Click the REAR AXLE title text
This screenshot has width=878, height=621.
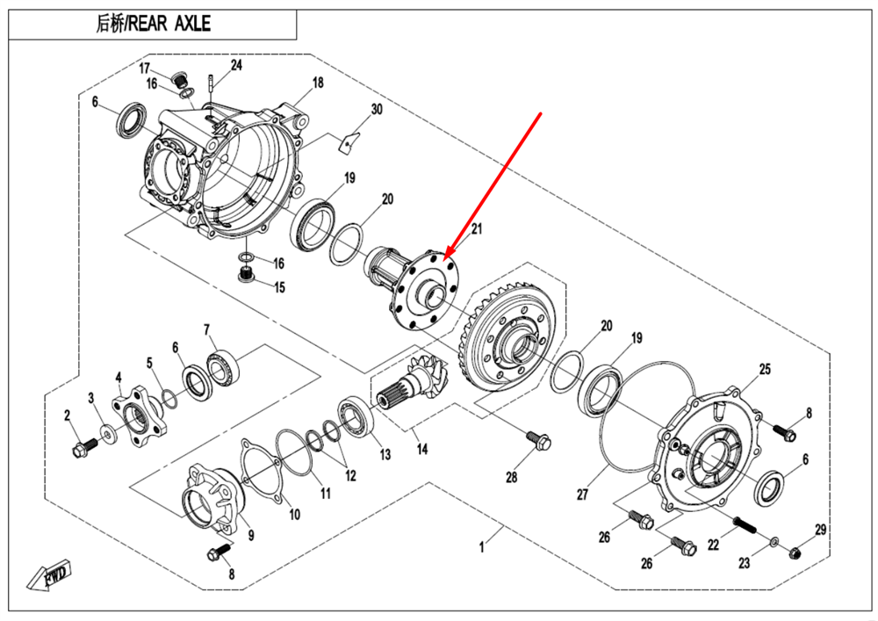(x=153, y=24)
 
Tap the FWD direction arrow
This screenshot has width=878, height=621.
(x=52, y=575)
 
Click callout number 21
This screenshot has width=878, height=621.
(x=477, y=229)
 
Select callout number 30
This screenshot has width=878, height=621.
(x=377, y=110)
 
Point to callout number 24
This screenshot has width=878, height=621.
(x=236, y=66)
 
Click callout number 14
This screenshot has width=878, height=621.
(x=422, y=449)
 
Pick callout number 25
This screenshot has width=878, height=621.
(x=765, y=370)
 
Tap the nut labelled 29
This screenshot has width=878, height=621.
(x=795, y=552)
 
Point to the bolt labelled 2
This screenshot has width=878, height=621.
(x=80, y=450)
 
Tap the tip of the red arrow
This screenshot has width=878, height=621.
(x=447, y=256)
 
